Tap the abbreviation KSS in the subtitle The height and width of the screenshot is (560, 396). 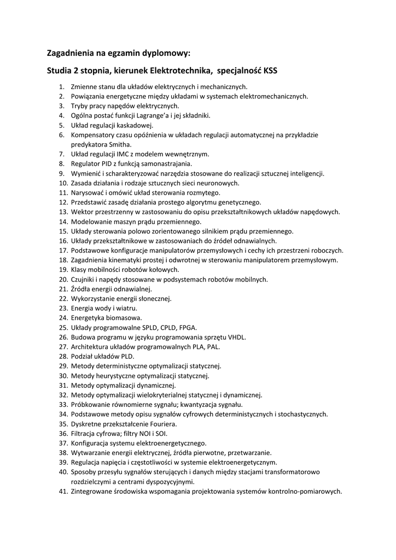pyautogui.click(x=271, y=71)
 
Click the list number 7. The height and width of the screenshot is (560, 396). pyautogui.click(x=62, y=154)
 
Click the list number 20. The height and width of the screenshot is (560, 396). pyautogui.click(x=62, y=279)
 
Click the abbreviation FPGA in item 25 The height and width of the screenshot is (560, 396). pyautogui.click(x=188, y=328)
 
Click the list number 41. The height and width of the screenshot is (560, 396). pyautogui.click(x=62, y=491)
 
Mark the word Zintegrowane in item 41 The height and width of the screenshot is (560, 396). pyautogui.click(x=93, y=491)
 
